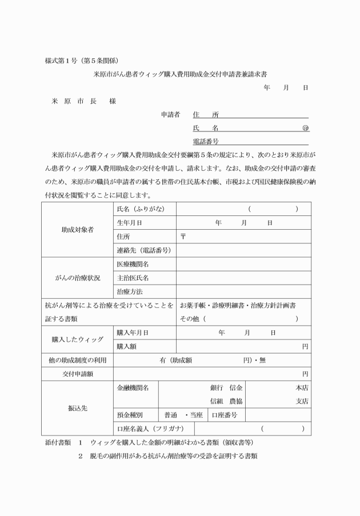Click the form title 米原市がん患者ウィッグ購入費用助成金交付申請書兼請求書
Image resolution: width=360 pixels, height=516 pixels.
click(x=181, y=74)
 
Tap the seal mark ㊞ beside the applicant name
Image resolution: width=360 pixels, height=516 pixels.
click(x=305, y=128)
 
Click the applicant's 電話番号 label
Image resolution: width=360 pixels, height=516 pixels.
click(x=206, y=141)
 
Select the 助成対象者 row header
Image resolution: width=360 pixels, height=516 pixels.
click(x=78, y=230)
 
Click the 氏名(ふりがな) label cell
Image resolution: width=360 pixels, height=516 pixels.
click(x=140, y=209)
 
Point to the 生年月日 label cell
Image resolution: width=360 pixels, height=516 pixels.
click(x=129, y=223)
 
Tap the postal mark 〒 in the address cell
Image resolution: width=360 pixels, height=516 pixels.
click(x=183, y=237)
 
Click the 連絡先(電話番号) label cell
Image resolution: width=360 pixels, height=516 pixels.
click(x=144, y=250)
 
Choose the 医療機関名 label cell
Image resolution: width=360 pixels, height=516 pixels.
click(x=133, y=264)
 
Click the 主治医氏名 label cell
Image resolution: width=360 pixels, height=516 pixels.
click(x=133, y=278)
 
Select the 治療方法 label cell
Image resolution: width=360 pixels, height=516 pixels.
click(x=129, y=291)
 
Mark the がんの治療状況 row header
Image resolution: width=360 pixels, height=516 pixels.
click(x=78, y=278)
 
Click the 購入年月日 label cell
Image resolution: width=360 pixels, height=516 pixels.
click(x=133, y=332)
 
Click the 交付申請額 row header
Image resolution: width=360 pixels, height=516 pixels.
click(x=78, y=374)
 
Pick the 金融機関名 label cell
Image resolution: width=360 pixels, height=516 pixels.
click(x=133, y=387)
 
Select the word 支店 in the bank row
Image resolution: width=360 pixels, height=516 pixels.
click(x=302, y=401)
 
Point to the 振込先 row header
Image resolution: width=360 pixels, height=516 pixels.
click(x=78, y=409)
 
